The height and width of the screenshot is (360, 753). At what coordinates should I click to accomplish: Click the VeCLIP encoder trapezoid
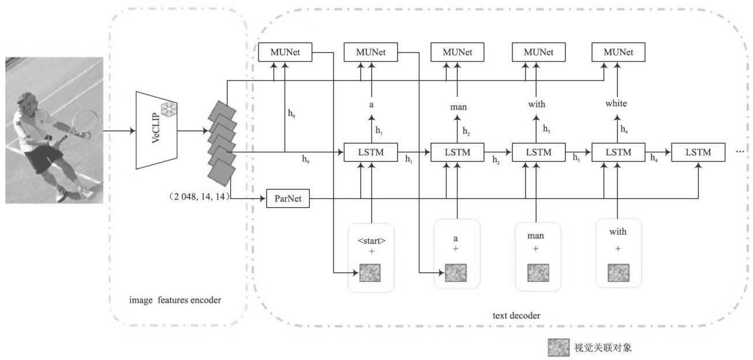[156, 130]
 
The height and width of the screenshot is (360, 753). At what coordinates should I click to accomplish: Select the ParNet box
[288, 200]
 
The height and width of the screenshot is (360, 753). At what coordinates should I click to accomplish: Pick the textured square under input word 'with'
[618, 273]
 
